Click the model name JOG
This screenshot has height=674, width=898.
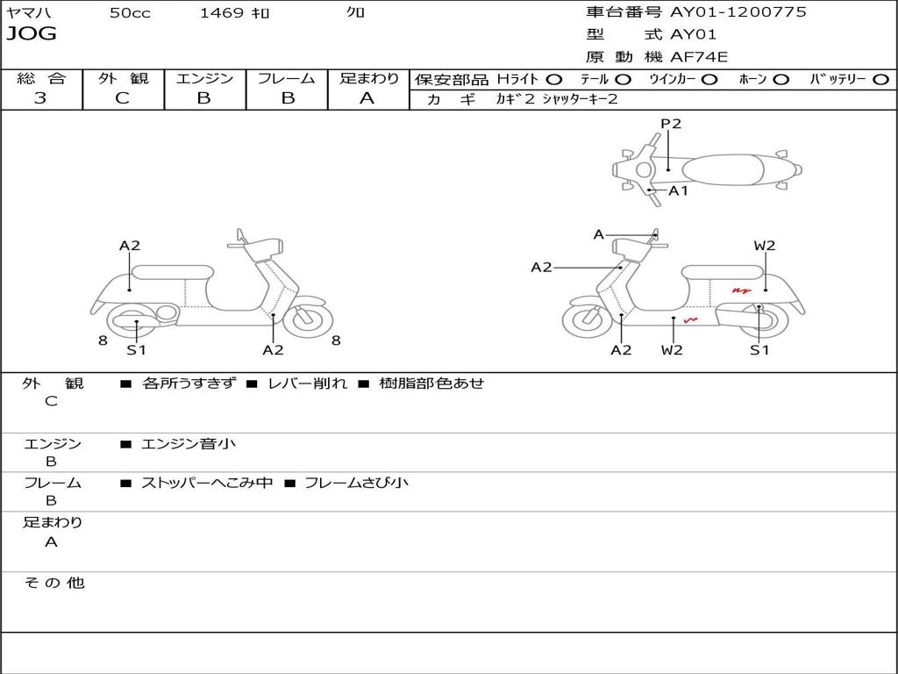coord(32,34)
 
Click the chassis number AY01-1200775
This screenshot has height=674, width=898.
coord(738,12)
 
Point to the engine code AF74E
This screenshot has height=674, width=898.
coord(699,57)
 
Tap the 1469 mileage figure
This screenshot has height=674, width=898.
coord(222,12)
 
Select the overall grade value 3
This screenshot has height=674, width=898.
coord(40,98)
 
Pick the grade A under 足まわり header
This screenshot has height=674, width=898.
coord(367,98)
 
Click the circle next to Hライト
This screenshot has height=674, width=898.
coord(554,80)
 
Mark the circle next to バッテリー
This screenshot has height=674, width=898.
coord(880,80)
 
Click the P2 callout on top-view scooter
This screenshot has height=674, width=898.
coord(671,124)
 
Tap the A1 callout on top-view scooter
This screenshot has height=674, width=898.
coord(678,190)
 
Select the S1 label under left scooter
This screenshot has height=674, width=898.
coord(136,349)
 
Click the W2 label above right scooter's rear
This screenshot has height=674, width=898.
coord(765,246)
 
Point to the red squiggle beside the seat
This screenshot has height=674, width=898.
coord(741,290)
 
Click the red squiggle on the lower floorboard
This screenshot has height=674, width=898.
coord(691,319)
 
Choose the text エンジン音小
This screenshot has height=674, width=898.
coord(189,443)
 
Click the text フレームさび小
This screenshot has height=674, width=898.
coord(356,483)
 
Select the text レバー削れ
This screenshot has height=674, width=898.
coord(308,383)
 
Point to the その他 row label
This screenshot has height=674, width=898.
coord(53,583)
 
